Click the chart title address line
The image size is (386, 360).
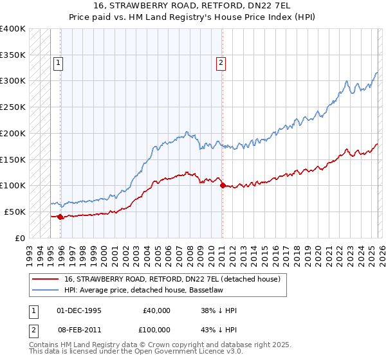click(192, 7)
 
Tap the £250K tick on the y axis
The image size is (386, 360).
click(13, 107)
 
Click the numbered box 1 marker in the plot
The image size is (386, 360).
click(59, 63)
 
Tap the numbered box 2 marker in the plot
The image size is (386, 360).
click(221, 63)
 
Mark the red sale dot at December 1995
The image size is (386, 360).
click(60, 217)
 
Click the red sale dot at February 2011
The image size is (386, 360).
click(223, 186)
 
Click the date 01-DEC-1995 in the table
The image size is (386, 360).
click(79, 310)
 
